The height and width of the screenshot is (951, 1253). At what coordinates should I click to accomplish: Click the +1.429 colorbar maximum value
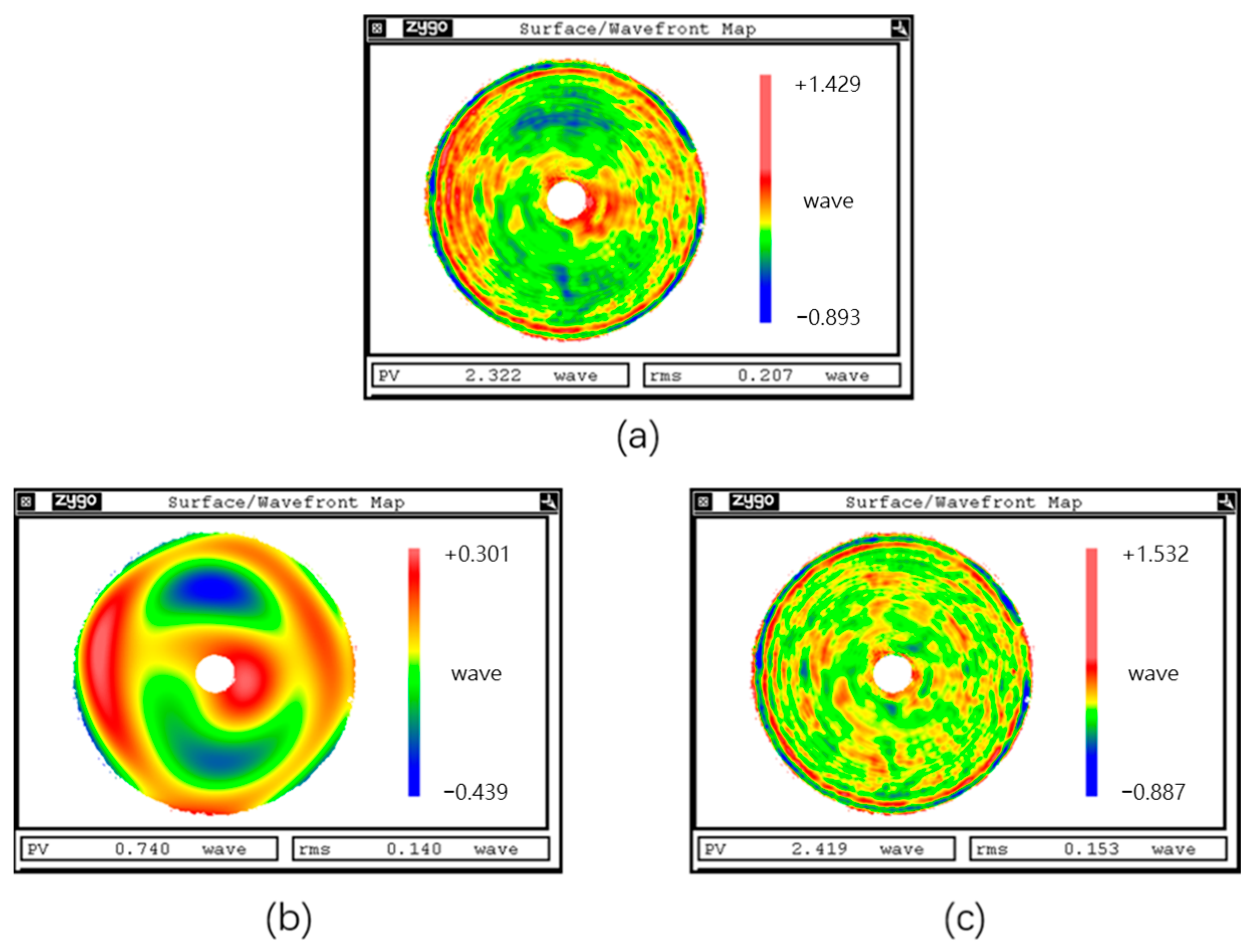[x=828, y=84]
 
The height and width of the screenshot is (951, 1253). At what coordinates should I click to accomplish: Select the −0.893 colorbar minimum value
[x=828, y=318]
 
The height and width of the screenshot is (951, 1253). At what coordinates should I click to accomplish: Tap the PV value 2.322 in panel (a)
[x=493, y=375]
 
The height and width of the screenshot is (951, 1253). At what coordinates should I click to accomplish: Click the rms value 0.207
[x=765, y=375]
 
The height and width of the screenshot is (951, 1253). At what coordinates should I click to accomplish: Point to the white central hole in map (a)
[x=566, y=199]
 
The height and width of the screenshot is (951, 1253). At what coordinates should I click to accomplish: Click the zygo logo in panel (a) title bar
[x=427, y=27]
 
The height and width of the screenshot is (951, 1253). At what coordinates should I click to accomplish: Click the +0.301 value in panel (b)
[x=477, y=554]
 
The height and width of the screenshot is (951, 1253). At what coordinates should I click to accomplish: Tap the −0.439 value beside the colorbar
[x=476, y=792]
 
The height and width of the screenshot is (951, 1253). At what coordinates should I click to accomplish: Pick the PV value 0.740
[x=142, y=849]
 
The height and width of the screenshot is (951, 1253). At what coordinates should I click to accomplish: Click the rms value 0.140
[x=414, y=849]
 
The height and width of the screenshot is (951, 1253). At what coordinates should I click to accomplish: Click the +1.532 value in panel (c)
[x=1155, y=554]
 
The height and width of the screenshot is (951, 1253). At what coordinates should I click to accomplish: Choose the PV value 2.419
[x=819, y=849]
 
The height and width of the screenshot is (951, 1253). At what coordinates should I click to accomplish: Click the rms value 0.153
[x=1091, y=849]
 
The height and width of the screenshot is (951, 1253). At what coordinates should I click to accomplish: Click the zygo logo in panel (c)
[x=754, y=501]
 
